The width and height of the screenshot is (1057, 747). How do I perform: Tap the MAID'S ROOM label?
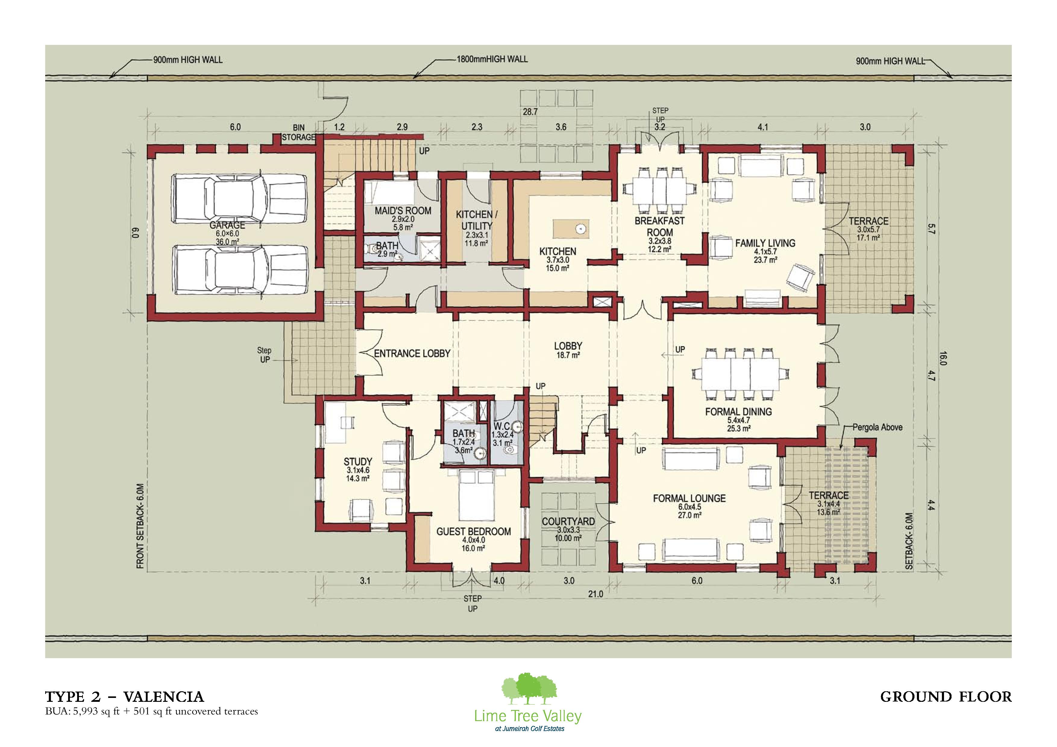(403, 211)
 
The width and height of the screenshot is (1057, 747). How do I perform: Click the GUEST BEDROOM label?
(473, 532)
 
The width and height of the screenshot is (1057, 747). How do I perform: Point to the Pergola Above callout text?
(877, 427)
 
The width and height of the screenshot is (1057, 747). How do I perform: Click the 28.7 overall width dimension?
(530, 112)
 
